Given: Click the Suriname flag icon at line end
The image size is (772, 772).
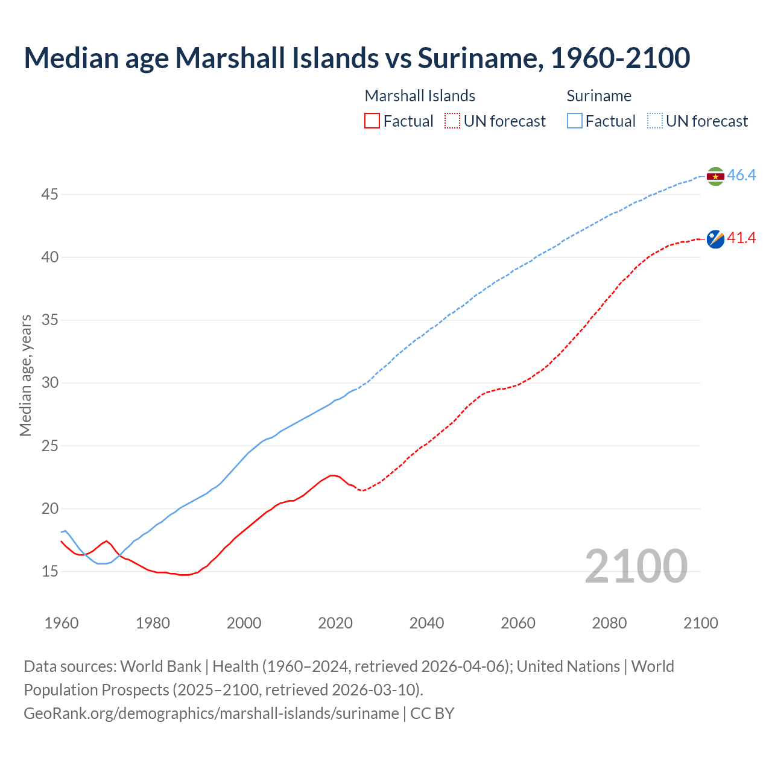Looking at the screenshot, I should pos(715,176).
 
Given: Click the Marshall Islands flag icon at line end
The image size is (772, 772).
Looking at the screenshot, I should pos(715,239).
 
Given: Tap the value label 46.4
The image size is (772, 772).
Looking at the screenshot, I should pos(741,176).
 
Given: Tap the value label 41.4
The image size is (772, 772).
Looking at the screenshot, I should pos(741,238).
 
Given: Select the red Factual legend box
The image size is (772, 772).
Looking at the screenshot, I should pos(372,121).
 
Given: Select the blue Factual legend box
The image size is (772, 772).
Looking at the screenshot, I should pos(575,121).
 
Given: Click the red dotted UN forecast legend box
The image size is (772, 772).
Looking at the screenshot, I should pos(452,121).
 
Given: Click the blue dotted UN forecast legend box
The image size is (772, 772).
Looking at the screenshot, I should pos(655,121).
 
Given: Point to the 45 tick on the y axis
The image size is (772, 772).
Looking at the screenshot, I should pos(50,194).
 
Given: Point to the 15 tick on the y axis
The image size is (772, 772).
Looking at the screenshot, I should pos(50,571).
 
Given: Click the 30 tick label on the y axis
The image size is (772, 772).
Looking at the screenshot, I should pos(50,383).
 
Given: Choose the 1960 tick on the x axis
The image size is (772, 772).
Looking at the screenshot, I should pos(62,623).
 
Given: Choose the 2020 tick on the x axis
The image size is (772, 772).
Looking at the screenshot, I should pos(335,623).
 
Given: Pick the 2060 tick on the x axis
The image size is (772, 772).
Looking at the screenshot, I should pos(518,623).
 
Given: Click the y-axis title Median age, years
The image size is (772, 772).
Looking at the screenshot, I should pos(25,375).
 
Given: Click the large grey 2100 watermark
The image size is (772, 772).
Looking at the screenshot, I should pos(636,566).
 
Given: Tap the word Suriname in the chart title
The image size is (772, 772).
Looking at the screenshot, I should pos(478,58).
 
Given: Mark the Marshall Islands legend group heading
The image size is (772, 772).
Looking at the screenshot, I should pos(420,96).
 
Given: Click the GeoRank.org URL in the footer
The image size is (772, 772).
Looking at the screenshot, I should pos(211,713).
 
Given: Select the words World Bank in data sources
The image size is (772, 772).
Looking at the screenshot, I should pos(160,666).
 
